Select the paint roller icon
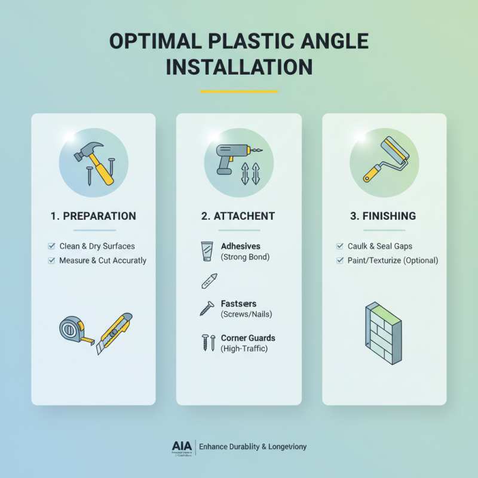coord(388,159)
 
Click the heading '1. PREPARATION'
coord(93,216)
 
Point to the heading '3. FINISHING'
coord(384,216)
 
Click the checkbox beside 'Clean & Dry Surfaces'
coord(51,246)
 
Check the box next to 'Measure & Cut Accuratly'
coord(51,261)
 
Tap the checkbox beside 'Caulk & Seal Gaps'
coord(340,246)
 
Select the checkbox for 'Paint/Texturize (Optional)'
coord(340,261)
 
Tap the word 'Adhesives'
coord(241,246)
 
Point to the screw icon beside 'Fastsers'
coord(206,308)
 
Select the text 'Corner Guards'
coord(248,338)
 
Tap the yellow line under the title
coord(239,91)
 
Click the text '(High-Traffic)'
coord(245,348)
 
